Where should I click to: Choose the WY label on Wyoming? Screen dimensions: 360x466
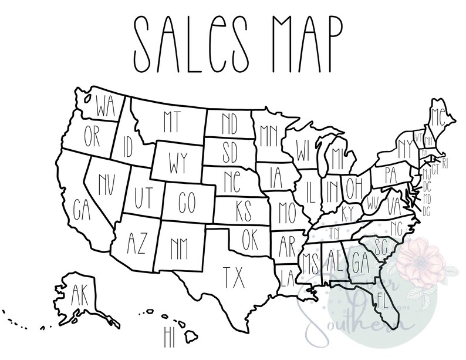(178, 160)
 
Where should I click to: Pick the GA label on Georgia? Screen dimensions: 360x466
(360, 258)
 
